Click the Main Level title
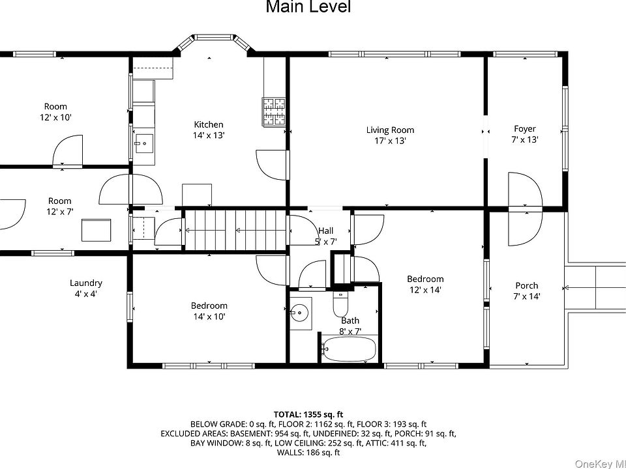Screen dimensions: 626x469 (x=308, y=7)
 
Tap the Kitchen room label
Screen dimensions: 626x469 (x=209, y=124)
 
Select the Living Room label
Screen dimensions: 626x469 (x=390, y=130)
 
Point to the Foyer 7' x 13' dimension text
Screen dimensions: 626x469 (x=524, y=139)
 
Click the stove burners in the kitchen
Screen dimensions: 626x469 (x=274, y=112)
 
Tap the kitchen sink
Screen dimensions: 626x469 (x=143, y=143)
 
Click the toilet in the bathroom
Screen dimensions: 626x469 (x=340, y=304)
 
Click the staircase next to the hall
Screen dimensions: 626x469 (x=236, y=230)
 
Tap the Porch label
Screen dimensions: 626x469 (x=527, y=285)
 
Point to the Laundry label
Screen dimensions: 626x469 (x=86, y=283)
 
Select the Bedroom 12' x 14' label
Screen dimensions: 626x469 (x=425, y=285)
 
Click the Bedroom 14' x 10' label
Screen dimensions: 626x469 (x=209, y=311)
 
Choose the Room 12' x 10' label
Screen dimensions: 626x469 (x=55, y=111)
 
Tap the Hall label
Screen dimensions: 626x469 (x=326, y=231)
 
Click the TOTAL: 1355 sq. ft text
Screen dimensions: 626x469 (x=308, y=415)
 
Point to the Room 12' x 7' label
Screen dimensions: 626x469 (x=60, y=206)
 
